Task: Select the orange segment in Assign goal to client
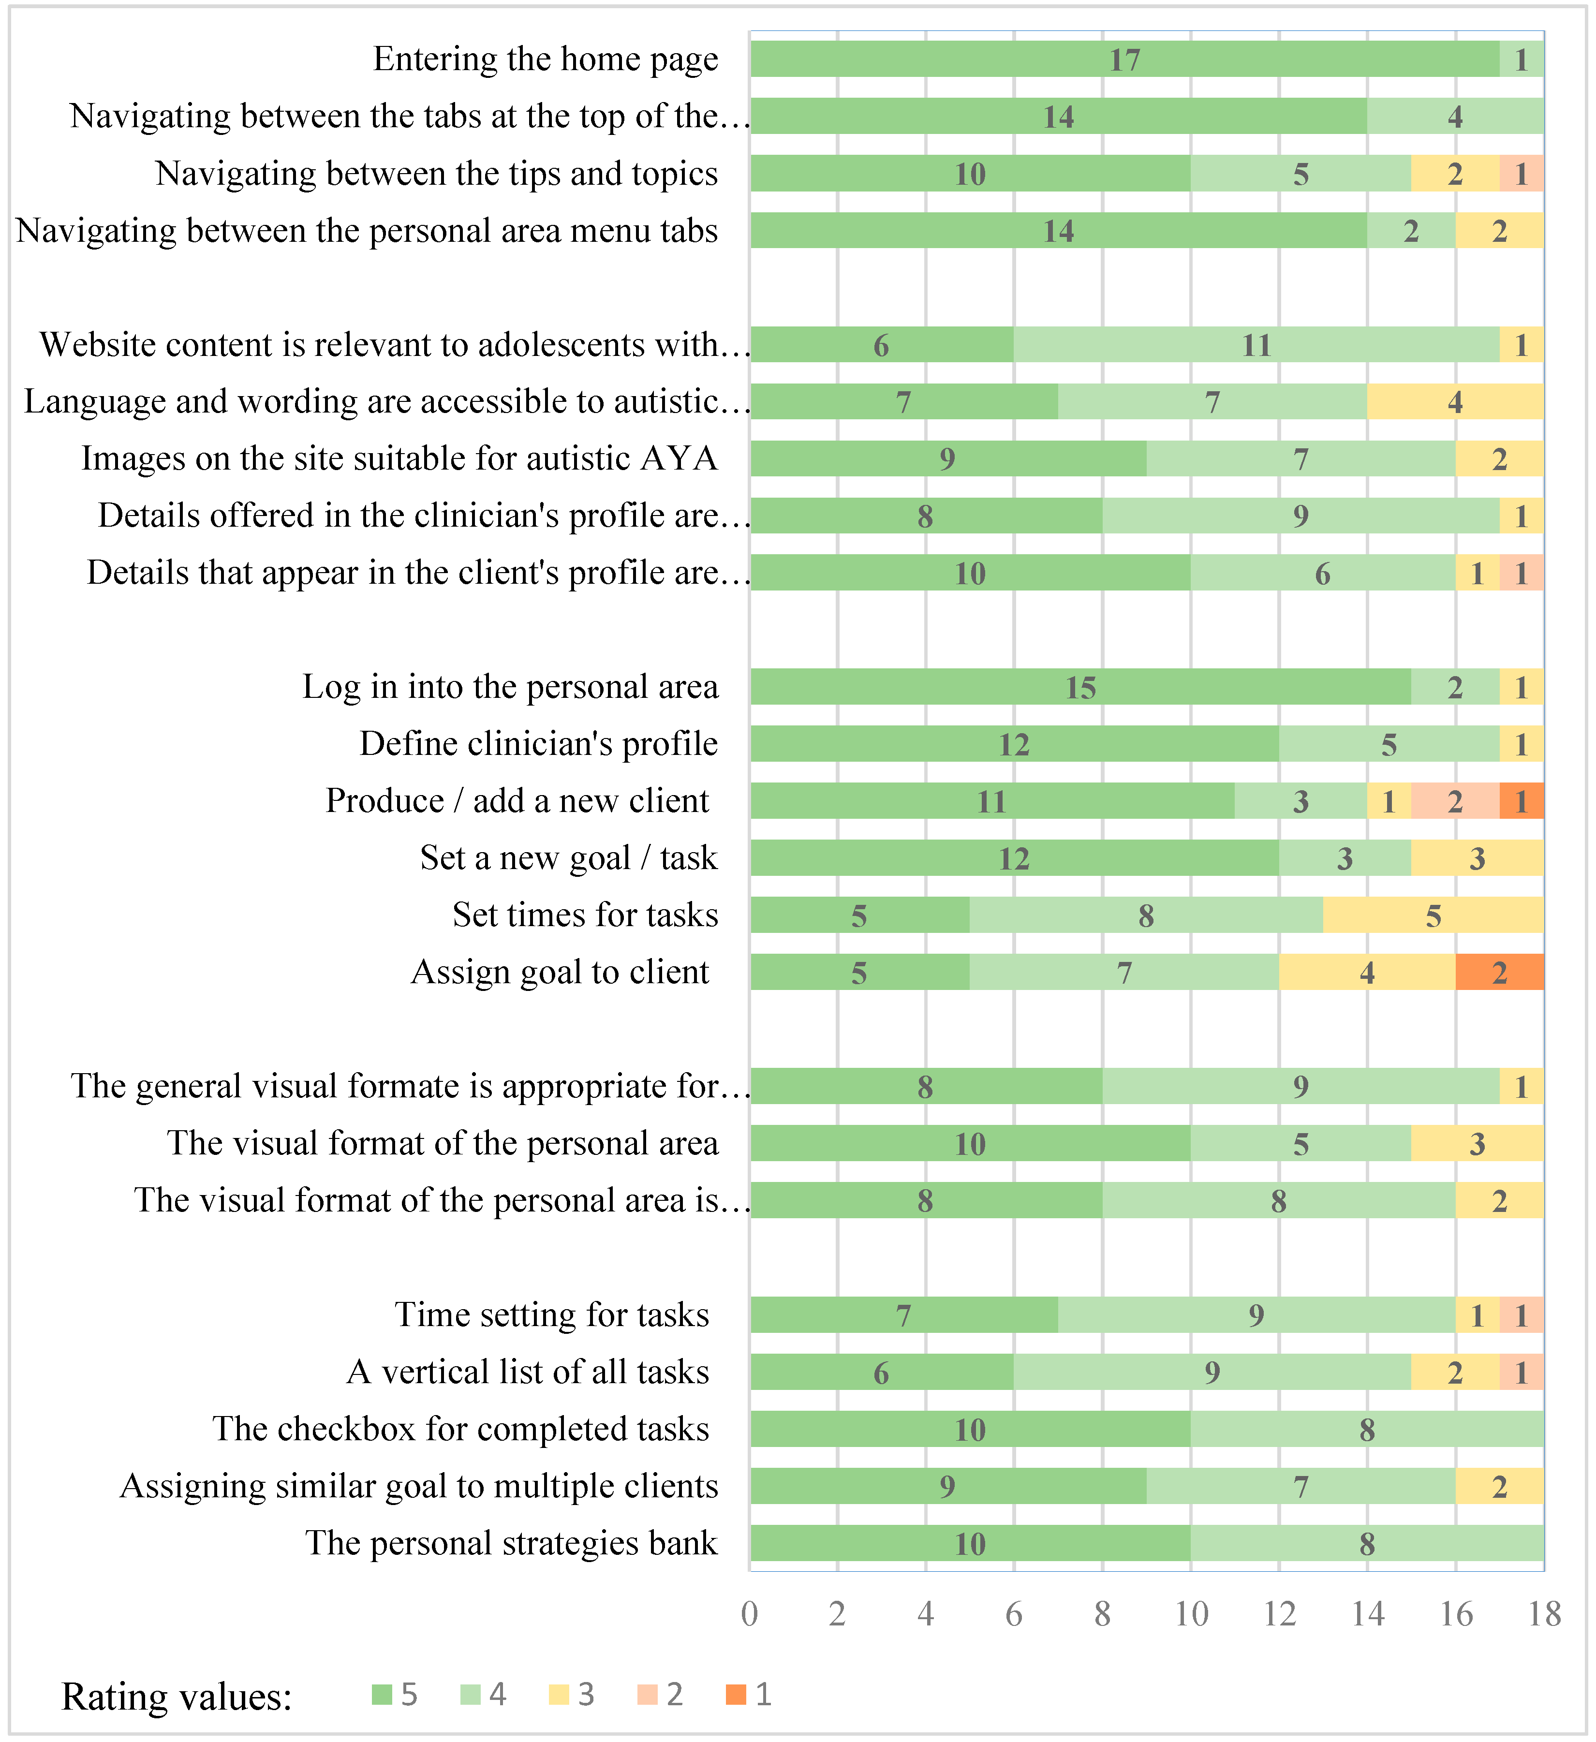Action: point(1499,972)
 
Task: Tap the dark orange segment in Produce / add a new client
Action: point(1521,801)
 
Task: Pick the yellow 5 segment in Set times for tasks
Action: point(1433,915)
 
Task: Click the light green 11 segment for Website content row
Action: point(1256,345)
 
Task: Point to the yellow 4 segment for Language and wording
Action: point(1455,402)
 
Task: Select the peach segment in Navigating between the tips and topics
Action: point(1521,174)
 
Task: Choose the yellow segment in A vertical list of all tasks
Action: point(1455,1372)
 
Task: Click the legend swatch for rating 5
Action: point(381,1695)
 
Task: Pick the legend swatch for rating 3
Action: point(558,1695)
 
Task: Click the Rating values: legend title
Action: point(177,1696)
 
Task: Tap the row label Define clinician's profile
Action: point(538,744)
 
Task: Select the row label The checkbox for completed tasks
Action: point(460,1429)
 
